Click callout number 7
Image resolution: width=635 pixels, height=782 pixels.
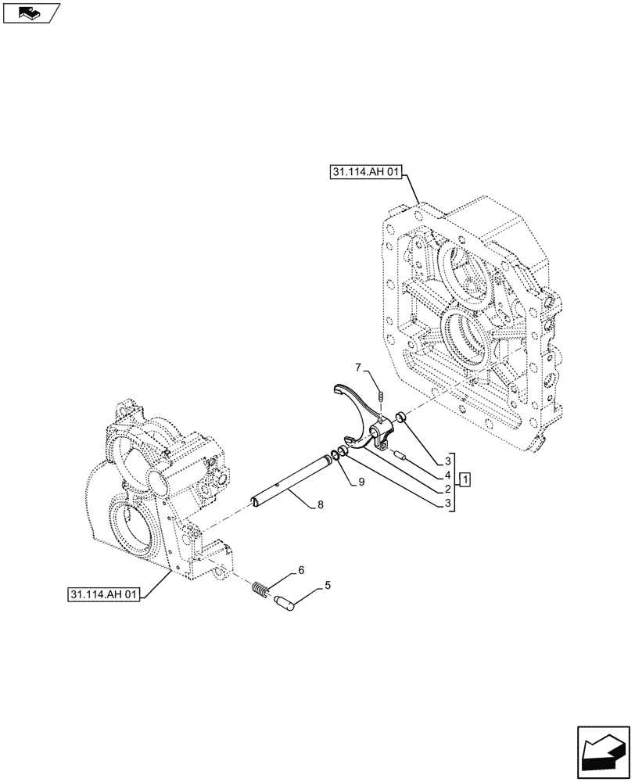(x=358, y=367)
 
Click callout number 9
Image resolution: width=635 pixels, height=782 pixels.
(x=362, y=482)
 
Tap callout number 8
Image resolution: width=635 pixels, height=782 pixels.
(x=321, y=506)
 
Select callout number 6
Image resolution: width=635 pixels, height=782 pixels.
(x=301, y=571)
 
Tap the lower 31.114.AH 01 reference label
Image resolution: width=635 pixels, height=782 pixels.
(x=102, y=596)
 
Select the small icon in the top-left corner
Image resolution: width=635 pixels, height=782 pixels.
(x=31, y=12)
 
